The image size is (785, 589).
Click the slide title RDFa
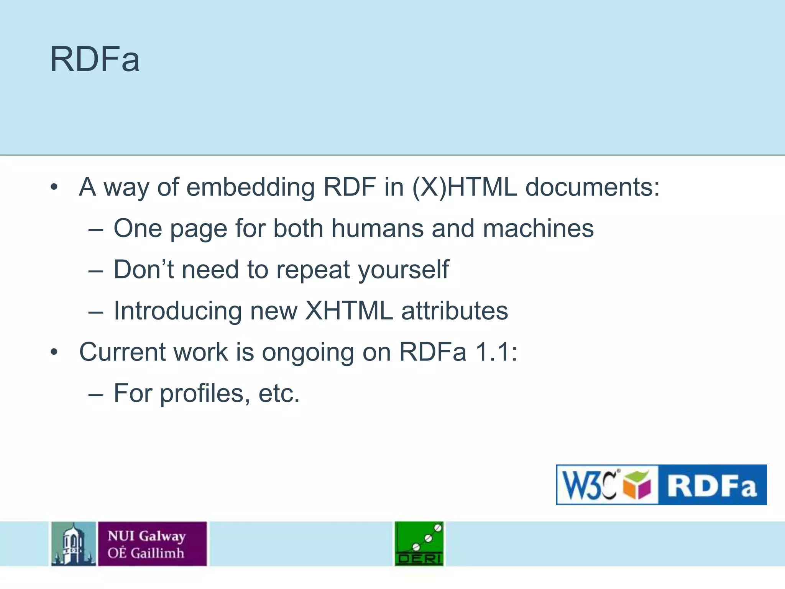point(95,59)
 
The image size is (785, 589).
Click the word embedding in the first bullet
point(250,188)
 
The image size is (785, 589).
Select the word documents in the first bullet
point(592,188)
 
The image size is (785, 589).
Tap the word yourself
point(404,270)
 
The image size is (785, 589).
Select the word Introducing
point(178,311)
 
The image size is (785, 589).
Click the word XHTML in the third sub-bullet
point(349,311)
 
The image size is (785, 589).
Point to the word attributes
point(455,311)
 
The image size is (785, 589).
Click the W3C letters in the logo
point(589,485)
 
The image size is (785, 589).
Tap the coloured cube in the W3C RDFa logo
point(637,485)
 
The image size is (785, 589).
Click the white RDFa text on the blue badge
point(712,485)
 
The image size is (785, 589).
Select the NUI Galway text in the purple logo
point(147,536)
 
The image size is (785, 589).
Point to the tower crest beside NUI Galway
point(74,543)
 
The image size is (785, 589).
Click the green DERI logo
point(419,543)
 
